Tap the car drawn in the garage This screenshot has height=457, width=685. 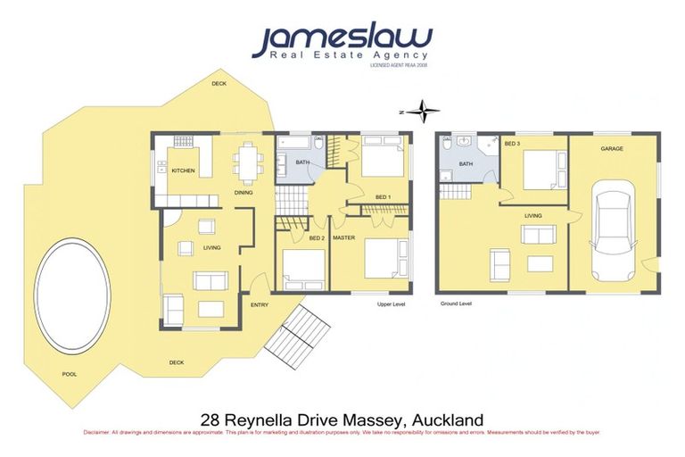[x=613, y=228]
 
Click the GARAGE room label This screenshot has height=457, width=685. [x=611, y=149]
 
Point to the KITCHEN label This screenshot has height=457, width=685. [x=183, y=170]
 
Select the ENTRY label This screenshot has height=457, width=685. [x=260, y=305]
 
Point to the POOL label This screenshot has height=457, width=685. [x=69, y=374]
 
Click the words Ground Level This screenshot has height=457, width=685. [x=456, y=303]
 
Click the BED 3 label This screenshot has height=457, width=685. [x=512, y=144]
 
